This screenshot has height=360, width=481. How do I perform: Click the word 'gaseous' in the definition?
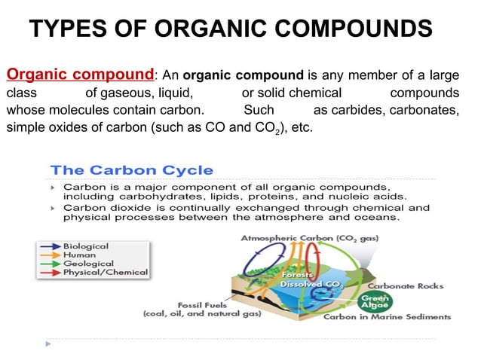pos(112,93)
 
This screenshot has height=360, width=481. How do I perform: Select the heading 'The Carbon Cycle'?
pos(131,170)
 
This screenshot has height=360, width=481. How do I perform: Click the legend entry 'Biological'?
pos(86,246)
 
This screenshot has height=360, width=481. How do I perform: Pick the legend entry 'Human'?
pos(80,255)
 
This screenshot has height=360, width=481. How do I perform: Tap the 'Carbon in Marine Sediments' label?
pos(387,317)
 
